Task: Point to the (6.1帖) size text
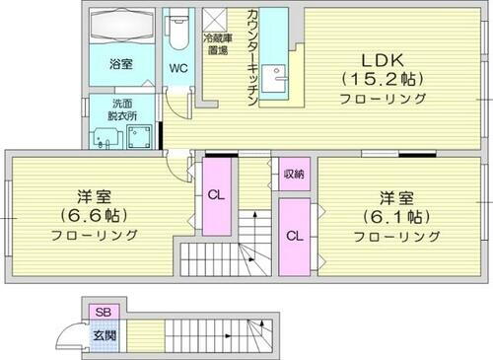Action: click(x=391, y=215)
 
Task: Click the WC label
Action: click(x=178, y=68)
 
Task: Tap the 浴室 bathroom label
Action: click(x=121, y=65)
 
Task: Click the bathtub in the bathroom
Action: click(x=122, y=29)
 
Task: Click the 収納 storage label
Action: click(x=293, y=174)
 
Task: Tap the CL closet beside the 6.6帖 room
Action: click(x=216, y=194)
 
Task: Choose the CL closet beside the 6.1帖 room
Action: click(x=294, y=236)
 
